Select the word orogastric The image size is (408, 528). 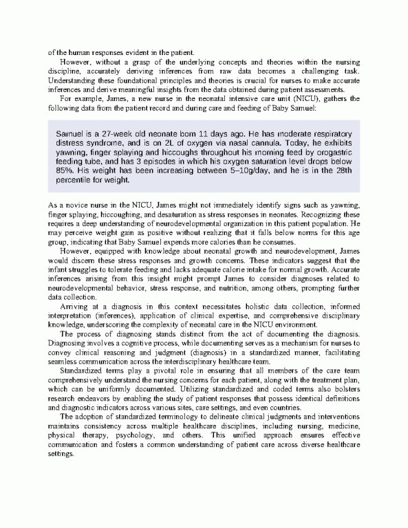(330, 157)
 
